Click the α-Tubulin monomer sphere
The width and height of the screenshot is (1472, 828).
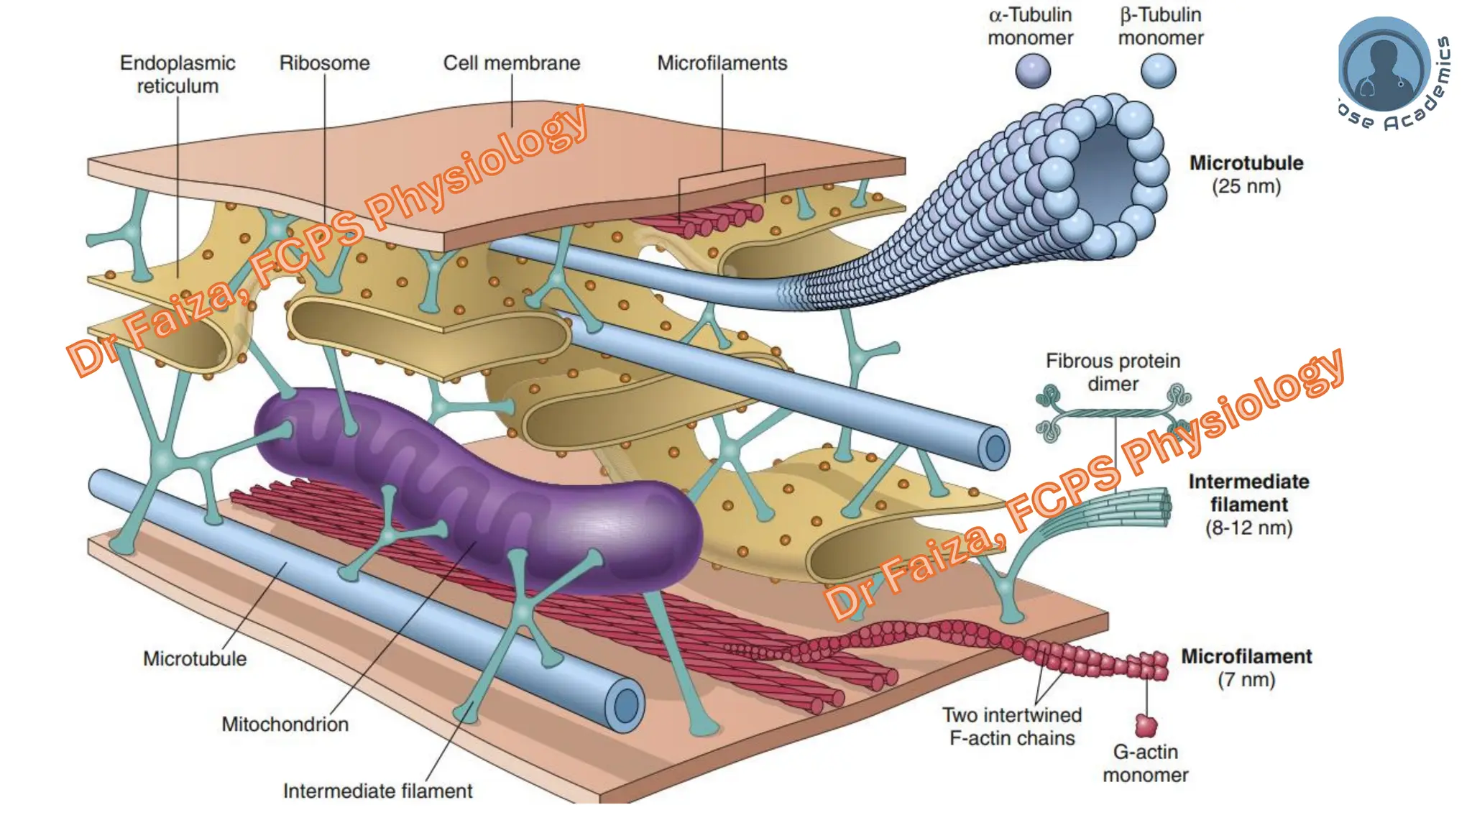click(1033, 71)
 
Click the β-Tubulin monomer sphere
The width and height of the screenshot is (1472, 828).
click(1158, 71)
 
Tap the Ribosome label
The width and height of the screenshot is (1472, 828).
click(324, 63)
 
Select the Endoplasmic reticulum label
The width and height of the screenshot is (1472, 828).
click(178, 74)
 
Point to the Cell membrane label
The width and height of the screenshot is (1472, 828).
click(511, 63)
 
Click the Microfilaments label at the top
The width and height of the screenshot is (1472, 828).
click(722, 63)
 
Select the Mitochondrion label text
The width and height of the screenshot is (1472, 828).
click(285, 724)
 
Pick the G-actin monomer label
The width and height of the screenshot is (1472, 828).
click(1145, 763)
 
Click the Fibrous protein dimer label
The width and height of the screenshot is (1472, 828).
click(1113, 372)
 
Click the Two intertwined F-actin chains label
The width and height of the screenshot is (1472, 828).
click(1012, 727)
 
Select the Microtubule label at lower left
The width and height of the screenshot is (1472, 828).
click(194, 658)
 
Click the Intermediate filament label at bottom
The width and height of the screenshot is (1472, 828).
click(377, 791)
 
